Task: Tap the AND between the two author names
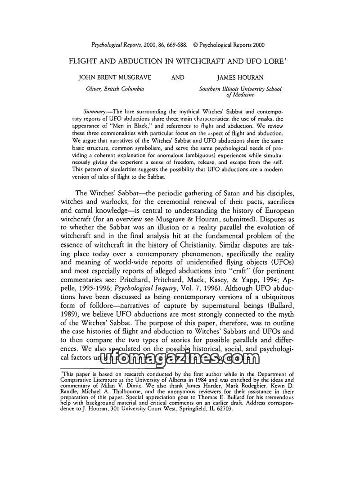pyautogui.click(x=178, y=77)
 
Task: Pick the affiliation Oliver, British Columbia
pyautogui.click(x=115, y=89)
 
